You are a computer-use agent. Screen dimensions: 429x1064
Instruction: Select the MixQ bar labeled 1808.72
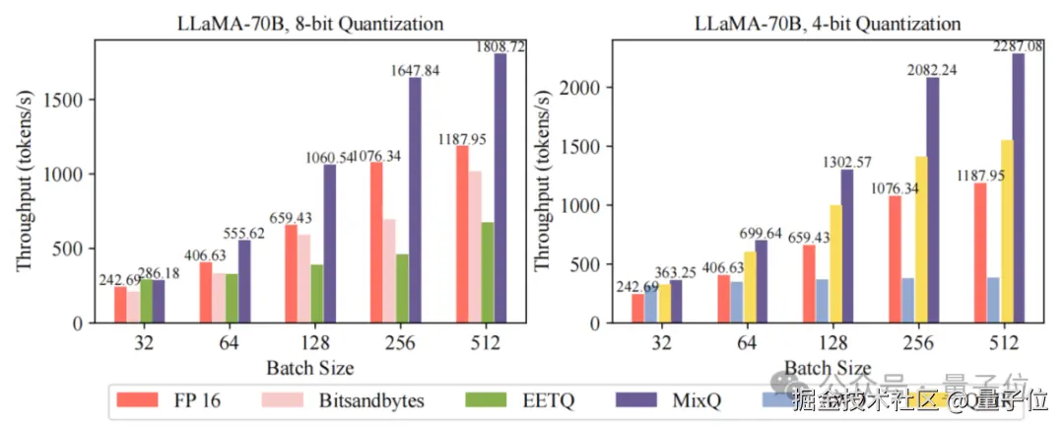click(x=500, y=187)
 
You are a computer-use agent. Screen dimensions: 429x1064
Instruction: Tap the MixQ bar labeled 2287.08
click(x=1018, y=187)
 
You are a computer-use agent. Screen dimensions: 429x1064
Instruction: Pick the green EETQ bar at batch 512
click(x=488, y=272)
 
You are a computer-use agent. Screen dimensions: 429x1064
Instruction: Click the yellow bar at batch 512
click(x=1005, y=231)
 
